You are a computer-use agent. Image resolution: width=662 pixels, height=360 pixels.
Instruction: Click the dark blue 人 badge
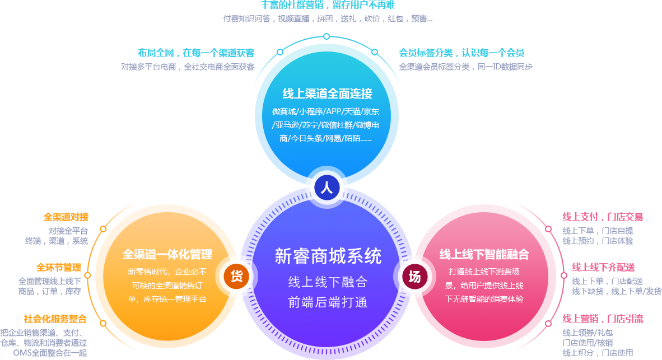(327, 188)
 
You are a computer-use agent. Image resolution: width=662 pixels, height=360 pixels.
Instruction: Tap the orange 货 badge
(236, 277)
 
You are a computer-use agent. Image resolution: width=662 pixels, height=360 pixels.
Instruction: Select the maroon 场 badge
(414, 277)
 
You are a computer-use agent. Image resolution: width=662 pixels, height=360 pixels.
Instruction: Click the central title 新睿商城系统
(328, 256)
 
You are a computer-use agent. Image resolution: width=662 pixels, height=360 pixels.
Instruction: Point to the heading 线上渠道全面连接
(327, 93)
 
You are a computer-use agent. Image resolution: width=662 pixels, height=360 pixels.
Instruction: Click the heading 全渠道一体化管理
(167, 255)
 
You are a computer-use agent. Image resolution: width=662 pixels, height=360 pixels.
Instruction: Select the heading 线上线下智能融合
(484, 255)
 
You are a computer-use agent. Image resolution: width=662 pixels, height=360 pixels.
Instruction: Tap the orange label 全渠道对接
(66, 217)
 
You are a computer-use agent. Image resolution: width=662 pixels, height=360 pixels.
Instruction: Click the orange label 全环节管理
(59, 267)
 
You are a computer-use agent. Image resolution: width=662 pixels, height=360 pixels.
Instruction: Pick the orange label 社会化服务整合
(55, 319)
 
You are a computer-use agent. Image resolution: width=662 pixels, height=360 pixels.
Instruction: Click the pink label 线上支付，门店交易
(603, 217)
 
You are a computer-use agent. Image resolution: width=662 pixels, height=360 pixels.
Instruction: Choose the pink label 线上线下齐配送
(603, 267)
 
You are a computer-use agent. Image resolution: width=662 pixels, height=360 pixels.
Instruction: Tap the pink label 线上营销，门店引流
(603, 319)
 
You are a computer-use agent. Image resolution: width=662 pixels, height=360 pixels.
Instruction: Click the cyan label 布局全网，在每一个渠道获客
(197, 53)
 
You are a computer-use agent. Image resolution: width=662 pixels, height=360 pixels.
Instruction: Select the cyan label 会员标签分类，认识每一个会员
(461, 53)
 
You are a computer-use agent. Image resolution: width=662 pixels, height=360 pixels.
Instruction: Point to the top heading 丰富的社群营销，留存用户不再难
(328, 5)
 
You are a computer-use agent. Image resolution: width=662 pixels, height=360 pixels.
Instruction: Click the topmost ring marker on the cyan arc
(327, 37)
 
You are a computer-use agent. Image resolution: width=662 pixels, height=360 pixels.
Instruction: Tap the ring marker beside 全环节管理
(88, 275)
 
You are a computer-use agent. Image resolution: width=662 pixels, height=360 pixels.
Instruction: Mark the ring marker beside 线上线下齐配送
(563, 275)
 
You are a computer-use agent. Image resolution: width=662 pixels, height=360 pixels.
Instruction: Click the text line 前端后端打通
(328, 302)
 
